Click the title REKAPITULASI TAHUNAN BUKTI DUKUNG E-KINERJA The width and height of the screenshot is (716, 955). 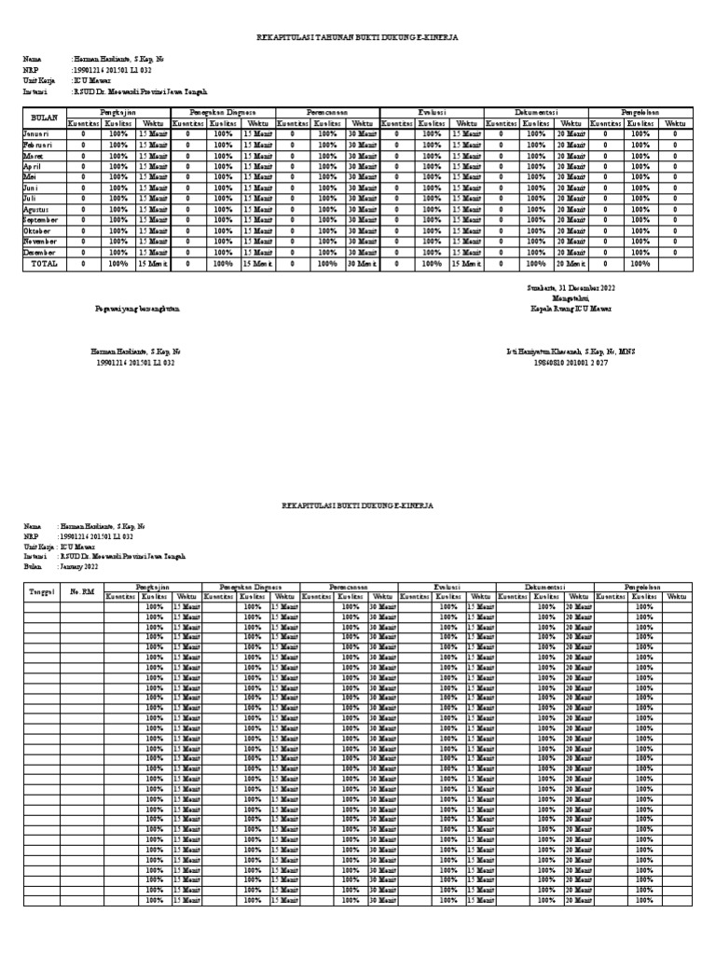tap(357, 36)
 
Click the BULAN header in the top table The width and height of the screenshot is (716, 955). tap(45, 118)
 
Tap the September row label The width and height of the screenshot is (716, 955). tap(41, 220)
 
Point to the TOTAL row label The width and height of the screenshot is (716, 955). tap(45, 264)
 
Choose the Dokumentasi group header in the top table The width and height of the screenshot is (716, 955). tap(536, 112)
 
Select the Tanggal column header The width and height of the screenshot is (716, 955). tap(42, 591)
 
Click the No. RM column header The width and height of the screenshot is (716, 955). tap(81, 591)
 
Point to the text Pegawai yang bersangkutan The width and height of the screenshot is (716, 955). tap(137, 308)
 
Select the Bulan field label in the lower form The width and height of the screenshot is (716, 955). tap(34, 566)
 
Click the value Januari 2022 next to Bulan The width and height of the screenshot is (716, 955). tap(78, 566)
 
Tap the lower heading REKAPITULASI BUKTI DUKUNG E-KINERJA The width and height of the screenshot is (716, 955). tap(357, 504)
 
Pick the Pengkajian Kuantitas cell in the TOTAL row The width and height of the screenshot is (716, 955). tap(83, 264)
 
